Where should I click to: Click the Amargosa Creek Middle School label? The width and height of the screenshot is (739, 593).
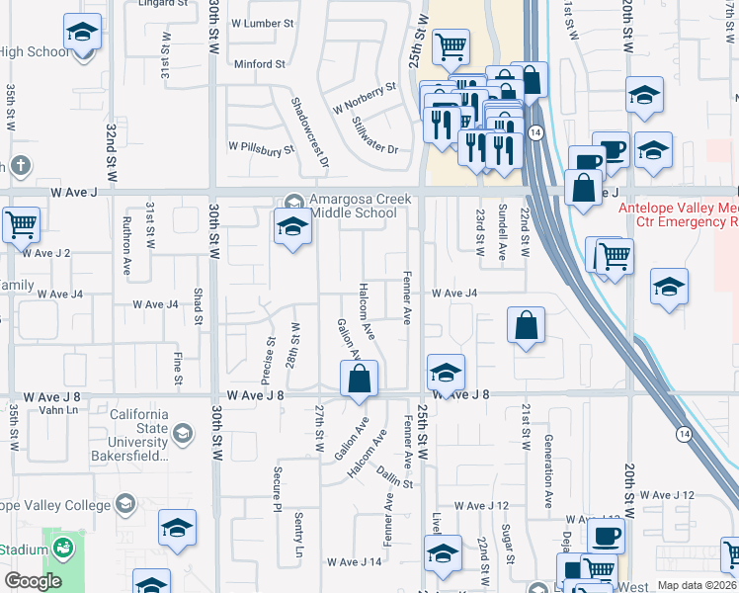pyautogui.click(x=353, y=206)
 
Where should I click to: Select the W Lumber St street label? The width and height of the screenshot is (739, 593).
pyautogui.click(x=262, y=22)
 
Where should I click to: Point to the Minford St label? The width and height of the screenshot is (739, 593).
pyautogui.click(x=259, y=64)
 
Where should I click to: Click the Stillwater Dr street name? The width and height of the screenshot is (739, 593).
pyautogui.click(x=374, y=136)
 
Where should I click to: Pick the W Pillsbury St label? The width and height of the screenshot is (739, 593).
pyautogui.click(x=261, y=147)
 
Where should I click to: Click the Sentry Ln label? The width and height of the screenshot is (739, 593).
pyautogui.click(x=299, y=535)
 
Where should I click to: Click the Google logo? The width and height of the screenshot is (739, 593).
pyautogui.click(x=32, y=581)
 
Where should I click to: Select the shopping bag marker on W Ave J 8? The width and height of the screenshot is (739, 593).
pyautogui.click(x=360, y=380)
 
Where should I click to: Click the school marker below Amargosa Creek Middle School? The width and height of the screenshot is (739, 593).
pyautogui.click(x=292, y=229)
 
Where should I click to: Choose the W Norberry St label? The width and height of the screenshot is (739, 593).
pyautogui.click(x=364, y=98)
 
